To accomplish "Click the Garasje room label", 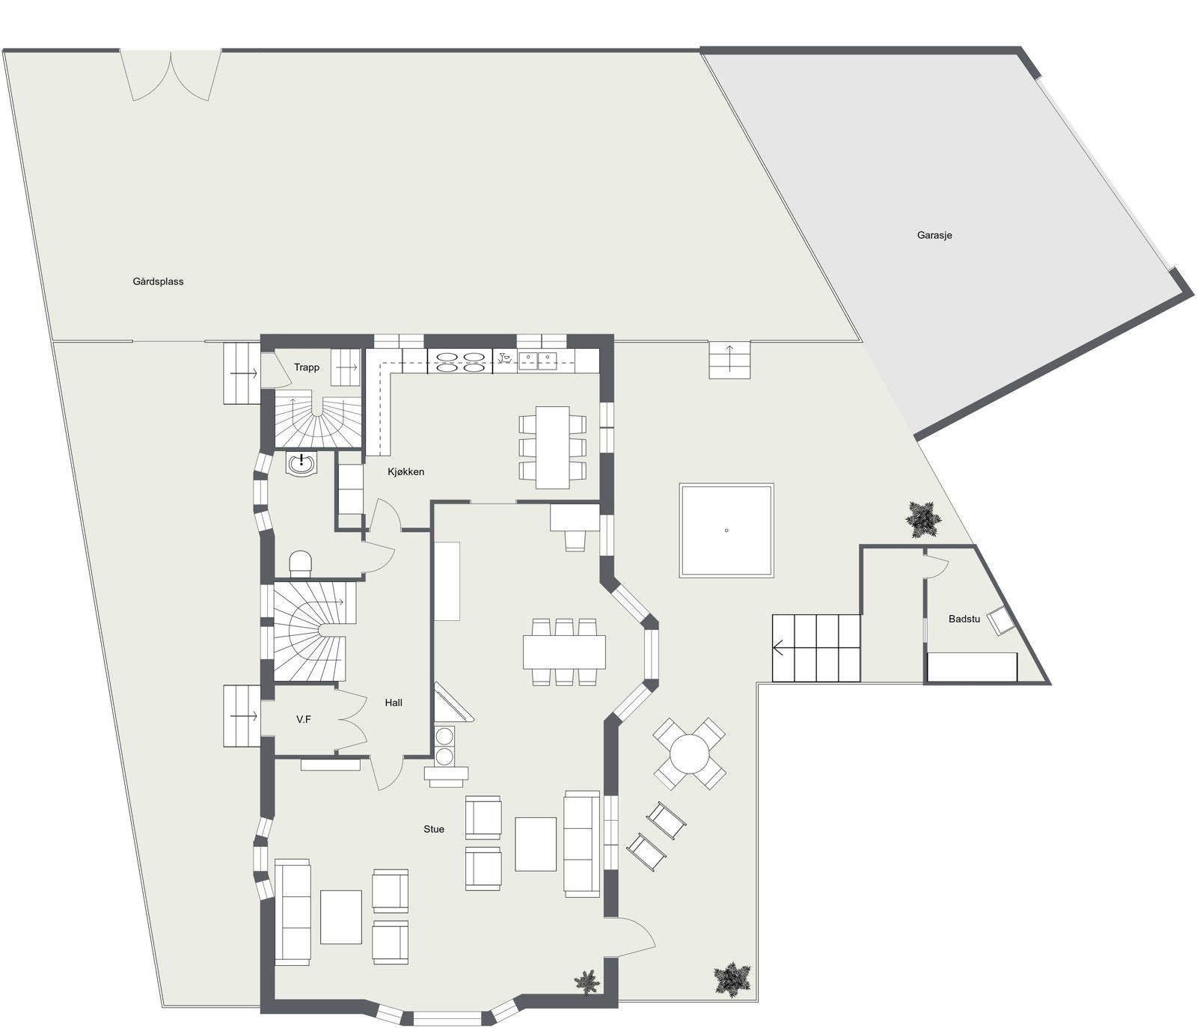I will coord(934,235).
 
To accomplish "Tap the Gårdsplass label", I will coord(158,281).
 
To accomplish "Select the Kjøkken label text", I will coord(405,471).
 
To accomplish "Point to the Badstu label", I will coord(964,619).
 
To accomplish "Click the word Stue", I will coord(434,829).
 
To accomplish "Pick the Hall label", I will coord(394,703).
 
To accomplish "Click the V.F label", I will coord(304,719).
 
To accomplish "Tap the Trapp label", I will coord(307,367).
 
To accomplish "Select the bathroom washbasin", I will coord(302,463).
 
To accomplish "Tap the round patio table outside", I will coord(689,753).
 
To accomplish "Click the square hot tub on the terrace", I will coord(726,530).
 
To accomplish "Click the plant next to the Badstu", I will coord(923,518).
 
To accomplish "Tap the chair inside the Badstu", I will coord(999,621).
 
